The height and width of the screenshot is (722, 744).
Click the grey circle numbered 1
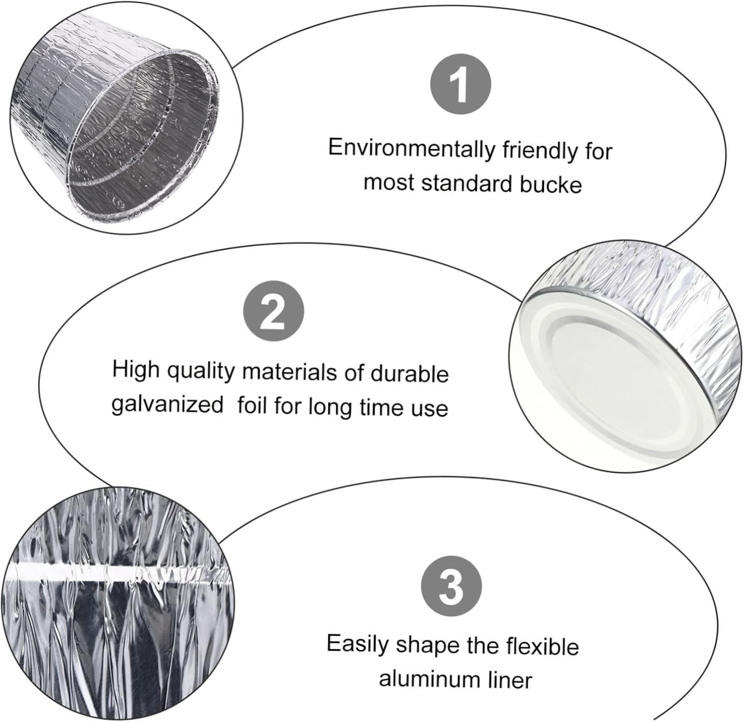coord(460,84)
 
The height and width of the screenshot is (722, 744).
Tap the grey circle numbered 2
coord(273,312)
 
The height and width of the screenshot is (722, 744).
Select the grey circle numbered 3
coord(451,585)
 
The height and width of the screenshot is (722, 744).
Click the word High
coord(135,369)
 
